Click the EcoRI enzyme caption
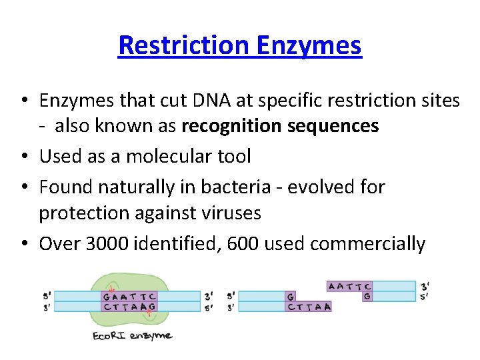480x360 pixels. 132,335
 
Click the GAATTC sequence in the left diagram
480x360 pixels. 129,296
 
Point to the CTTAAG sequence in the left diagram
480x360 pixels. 129,307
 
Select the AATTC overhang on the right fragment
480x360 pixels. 349,286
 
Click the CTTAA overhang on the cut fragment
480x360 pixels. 309,307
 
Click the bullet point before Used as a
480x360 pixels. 23,157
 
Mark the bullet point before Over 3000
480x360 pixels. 23,244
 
